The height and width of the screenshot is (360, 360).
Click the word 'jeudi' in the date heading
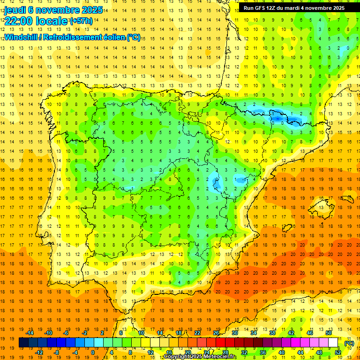click(15, 10)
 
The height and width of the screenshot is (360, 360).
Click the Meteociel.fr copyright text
click(200, 357)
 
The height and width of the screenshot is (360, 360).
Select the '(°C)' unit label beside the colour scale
click(349, 343)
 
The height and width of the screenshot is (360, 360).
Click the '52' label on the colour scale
click(338, 352)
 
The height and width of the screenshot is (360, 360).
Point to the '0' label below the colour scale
click(93, 352)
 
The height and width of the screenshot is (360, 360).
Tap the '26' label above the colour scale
click(216, 333)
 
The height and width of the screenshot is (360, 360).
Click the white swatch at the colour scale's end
click(333, 343)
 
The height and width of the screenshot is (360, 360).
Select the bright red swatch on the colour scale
click(221, 343)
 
